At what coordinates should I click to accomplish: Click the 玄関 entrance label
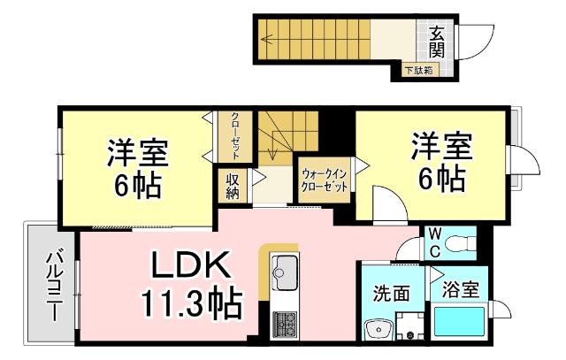pyautogui.click(x=438, y=41)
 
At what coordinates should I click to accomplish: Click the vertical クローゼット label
pyautogui.click(x=235, y=135)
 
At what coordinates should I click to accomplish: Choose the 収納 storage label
pyautogui.click(x=233, y=186)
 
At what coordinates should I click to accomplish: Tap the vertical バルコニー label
pyautogui.click(x=53, y=285)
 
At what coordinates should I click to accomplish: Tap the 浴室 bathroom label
pyautogui.click(x=460, y=288)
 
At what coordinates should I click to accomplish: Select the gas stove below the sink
pyautogui.click(x=285, y=324)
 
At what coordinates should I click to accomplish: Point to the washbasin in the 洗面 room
pyautogui.click(x=379, y=331)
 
